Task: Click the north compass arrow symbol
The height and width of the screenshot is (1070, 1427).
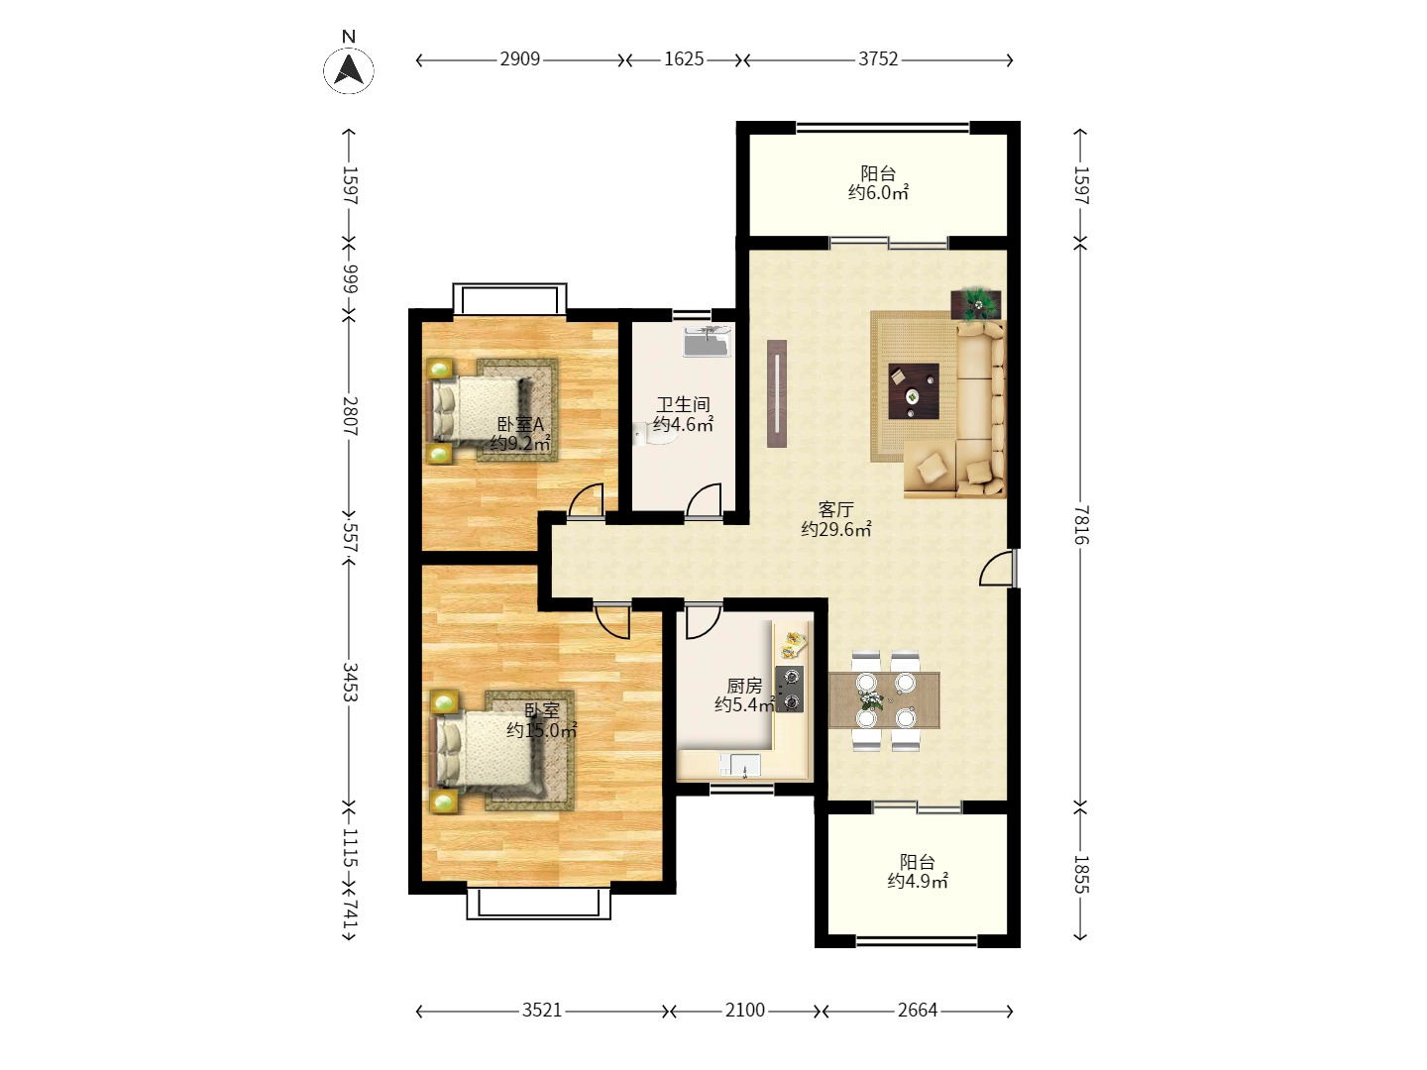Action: [349, 69]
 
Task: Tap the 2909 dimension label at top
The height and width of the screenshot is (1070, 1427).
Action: [519, 59]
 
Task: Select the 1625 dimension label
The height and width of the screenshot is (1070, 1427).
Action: [683, 59]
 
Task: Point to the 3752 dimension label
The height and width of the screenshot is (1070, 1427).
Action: [878, 59]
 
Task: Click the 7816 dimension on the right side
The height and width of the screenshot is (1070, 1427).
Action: [1080, 525]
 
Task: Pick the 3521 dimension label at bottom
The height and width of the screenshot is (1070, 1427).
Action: [541, 1011]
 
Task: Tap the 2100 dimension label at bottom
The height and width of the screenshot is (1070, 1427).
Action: [745, 1011]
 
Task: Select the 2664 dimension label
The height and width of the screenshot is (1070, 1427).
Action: [918, 1011]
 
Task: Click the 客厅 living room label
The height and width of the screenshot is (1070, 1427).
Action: [835, 509]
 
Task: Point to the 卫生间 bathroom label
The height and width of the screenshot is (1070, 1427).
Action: [683, 405]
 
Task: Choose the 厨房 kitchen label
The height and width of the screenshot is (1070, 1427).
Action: [744, 686]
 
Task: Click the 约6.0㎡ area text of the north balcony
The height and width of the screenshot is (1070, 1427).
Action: [878, 193]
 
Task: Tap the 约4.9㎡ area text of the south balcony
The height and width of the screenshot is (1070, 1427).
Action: [918, 882]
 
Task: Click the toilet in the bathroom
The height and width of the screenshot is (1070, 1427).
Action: [653, 435]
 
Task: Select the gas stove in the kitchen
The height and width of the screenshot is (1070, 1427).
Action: [789, 690]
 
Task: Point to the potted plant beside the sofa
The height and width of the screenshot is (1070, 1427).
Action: [976, 304]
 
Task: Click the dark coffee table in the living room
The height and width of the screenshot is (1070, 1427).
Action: [914, 391]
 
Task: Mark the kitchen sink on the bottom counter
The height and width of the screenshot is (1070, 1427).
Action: [740, 765]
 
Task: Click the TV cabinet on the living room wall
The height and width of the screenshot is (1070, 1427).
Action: [777, 393]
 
